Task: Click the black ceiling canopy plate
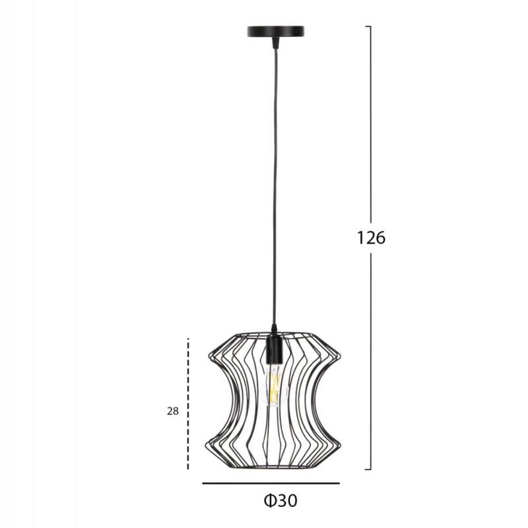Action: (276, 31)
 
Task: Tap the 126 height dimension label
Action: (371, 238)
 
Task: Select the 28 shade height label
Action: (173, 411)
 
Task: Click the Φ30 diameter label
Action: (280, 501)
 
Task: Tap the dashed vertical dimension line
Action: (188, 403)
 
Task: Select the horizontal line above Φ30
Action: (271, 483)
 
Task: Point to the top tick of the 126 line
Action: (368, 26)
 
